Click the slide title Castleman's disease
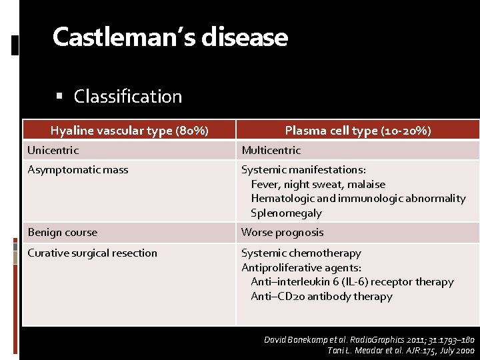pyautogui.click(x=170, y=37)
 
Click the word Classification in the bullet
pyautogui.click(x=127, y=97)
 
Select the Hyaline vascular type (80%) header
pyautogui.click(x=129, y=131)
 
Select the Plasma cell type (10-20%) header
pyautogui.click(x=358, y=131)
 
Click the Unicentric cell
pyautogui.click(x=53, y=151)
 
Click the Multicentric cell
pyautogui.click(x=271, y=151)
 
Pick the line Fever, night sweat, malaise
pyautogui.click(x=318, y=184)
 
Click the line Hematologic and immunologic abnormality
pyautogui.click(x=358, y=199)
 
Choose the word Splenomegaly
pyautogui.click(x=286, y=213)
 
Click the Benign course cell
pyautogui.click(x=63, y=233)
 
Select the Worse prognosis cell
pyautogui.click(x=282, y=233)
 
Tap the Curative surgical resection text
pyautogui.click(x=93, y=253)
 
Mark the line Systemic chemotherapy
pyautogui.click(x=301, y=253)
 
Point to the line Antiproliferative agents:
pyautogui.click(x=301, y=268)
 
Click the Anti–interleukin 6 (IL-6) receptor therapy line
pyautogui.click(x=352, y=282)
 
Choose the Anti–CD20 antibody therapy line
pyautogui.click(x=321, y=297)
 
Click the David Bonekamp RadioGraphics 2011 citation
pyautogui.click(x=369, y=340)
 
